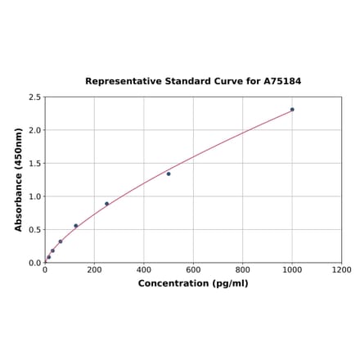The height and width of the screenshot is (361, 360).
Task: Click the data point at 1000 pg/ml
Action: (x=292, y=110)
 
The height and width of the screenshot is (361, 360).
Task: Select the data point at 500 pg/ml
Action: (x=169, y=174)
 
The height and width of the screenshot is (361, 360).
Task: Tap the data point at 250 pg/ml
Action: (x=106, y=204)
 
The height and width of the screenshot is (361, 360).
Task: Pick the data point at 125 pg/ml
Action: (x=76, y=226)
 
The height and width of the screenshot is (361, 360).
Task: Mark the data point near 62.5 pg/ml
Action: (x=61, y=241)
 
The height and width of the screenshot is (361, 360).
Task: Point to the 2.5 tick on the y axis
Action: (x=35, y=97)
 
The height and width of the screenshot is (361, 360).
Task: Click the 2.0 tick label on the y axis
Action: (x=35, y=130)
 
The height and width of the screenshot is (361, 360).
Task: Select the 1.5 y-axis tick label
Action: (x=35, y=164)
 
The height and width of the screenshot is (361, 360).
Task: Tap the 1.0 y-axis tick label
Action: (x=35, y=196)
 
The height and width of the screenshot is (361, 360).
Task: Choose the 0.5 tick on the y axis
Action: (x=35, y=230)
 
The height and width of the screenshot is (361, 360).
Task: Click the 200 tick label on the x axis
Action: (x=94, y=270)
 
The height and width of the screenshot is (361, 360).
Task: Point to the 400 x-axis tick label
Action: (x=144, y=270)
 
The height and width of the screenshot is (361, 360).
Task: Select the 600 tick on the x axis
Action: (x=193, y=270)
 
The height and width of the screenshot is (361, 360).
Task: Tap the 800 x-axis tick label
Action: (x=243, y=270)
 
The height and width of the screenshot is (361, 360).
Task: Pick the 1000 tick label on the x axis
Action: (x=292, y=270)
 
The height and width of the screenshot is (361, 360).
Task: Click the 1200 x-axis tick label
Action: (x=341, y=270)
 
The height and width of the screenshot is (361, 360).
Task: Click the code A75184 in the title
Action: (x=281, y=82)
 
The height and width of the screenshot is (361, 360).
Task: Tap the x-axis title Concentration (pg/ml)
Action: (x=193, y=284)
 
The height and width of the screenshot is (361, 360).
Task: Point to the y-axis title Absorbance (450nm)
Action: (x=19, y=179)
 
